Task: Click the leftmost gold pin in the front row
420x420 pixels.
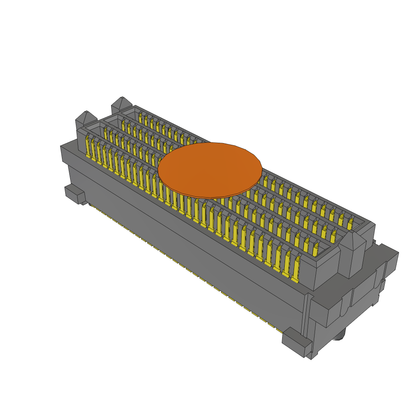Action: click(88, 147)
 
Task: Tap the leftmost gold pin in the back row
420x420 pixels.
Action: click(141, 118)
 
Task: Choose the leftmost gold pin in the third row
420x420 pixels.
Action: click(123, 125)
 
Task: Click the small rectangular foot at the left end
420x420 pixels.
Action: click(74, 194)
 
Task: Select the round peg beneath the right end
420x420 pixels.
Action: click(339, 337)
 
